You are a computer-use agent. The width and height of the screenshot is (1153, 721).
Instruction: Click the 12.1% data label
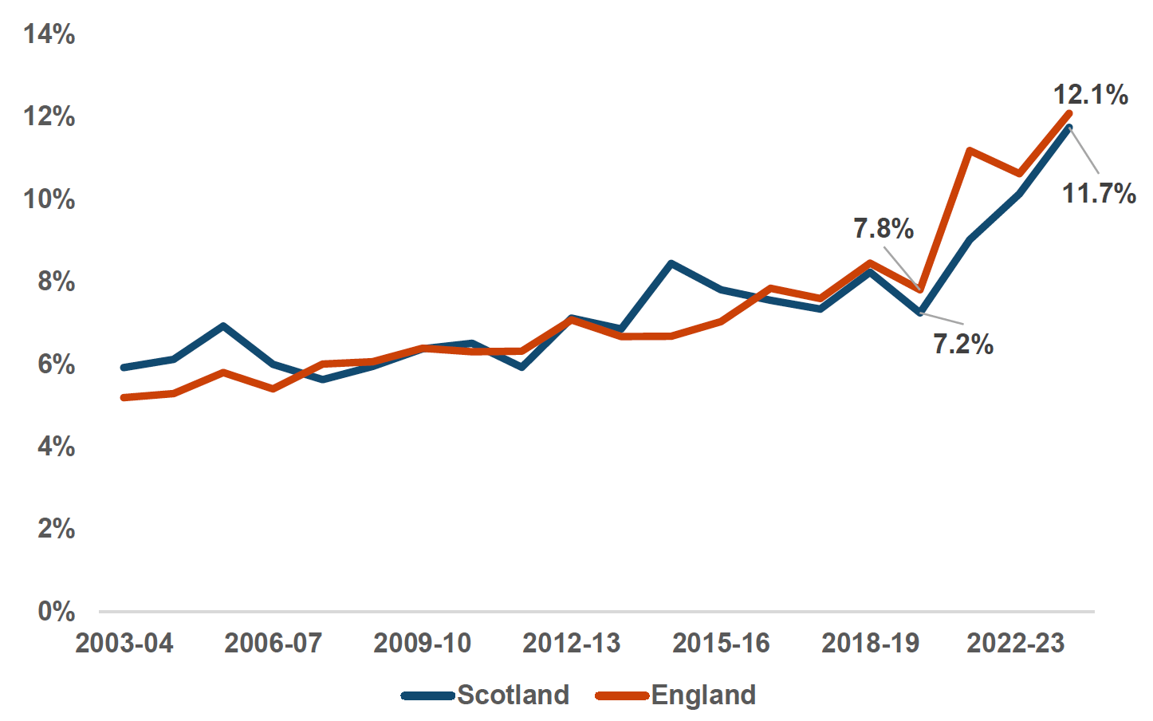[x=1090, y=95]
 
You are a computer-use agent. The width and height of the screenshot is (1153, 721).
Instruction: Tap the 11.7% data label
[x=1099, y=193]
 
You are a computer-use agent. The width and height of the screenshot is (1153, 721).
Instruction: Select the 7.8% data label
[x=883, y=229]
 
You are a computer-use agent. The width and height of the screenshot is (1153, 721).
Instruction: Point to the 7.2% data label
[x=963, y=345]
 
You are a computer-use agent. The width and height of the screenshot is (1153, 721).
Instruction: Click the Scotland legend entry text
[x=513, y=695]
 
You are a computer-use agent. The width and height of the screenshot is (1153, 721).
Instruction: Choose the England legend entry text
[x=703, y=695]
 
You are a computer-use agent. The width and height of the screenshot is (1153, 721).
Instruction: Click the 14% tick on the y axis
[x=49, y=34]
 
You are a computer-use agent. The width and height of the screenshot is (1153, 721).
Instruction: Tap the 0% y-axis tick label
[x=57, y=612]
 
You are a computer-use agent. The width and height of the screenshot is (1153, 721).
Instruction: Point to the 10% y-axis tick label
[x=49, y=199]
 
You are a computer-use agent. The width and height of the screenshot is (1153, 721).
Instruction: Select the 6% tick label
[x=57, y=364]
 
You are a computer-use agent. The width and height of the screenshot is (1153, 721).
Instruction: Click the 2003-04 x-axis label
[x=124, y=643]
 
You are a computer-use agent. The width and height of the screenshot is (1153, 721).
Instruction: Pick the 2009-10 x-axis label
[x=422, y=643]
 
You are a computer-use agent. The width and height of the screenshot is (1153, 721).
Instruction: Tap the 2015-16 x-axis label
[x=721, y=643]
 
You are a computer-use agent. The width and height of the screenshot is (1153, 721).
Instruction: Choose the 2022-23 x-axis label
[x=1015, y=643]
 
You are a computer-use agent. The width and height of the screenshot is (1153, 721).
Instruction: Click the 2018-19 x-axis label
[x=870, y=643]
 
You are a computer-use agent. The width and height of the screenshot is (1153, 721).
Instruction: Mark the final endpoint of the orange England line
[x=1069, y=113]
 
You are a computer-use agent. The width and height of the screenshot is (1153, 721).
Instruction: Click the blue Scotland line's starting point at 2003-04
[x=124, y=368]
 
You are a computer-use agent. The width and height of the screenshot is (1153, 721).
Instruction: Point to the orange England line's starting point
[x=124, y=397]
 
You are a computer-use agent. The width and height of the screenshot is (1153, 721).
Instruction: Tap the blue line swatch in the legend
[x=428, y=695]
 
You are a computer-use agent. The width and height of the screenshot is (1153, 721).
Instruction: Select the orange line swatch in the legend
[x=622, y=695]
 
